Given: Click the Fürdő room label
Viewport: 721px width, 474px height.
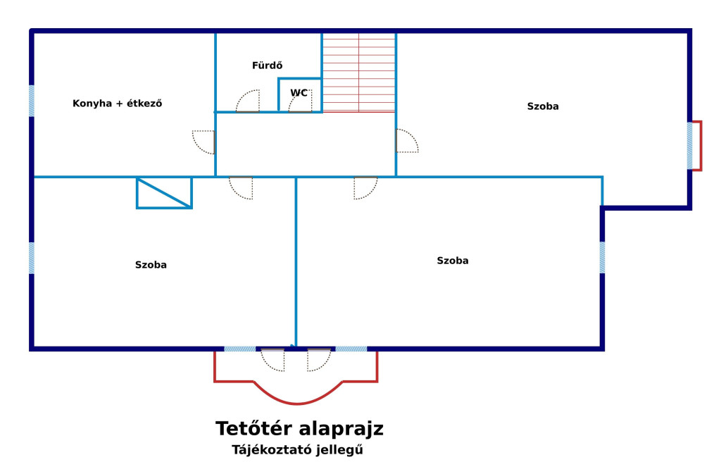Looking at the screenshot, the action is [267, 66].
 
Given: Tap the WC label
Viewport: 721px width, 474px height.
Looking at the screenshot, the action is [299, 93].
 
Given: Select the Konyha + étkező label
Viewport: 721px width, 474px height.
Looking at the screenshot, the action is [118, 103].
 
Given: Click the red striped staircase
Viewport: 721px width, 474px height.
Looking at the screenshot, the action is [358, 72].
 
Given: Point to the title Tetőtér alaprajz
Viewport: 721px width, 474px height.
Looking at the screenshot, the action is [299, 428].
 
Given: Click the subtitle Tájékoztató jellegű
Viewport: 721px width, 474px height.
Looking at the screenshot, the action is [297, 449].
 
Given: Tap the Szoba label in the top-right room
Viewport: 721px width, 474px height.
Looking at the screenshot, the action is [543, 106].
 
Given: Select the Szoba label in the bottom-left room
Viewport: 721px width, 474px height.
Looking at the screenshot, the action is [151, 265].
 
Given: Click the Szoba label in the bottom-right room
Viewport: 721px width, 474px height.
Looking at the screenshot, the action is [453, 261].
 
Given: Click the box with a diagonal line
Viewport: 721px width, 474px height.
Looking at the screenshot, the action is [164, 193].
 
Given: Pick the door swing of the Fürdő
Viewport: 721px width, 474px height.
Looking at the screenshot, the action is [248, 101].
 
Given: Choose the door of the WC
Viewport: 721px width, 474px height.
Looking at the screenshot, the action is [300, 101].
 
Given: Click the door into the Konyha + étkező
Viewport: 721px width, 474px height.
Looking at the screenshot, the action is [203, 142].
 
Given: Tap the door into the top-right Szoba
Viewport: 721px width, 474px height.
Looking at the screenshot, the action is [408, 141].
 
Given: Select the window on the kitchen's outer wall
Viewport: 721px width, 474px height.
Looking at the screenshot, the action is [32, 101].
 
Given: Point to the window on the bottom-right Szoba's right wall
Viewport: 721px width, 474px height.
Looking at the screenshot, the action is [602, 258].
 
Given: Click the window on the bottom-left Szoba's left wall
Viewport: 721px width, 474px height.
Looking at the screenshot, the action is [32, 258].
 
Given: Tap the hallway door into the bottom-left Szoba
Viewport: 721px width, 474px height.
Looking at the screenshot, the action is [241, 188].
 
